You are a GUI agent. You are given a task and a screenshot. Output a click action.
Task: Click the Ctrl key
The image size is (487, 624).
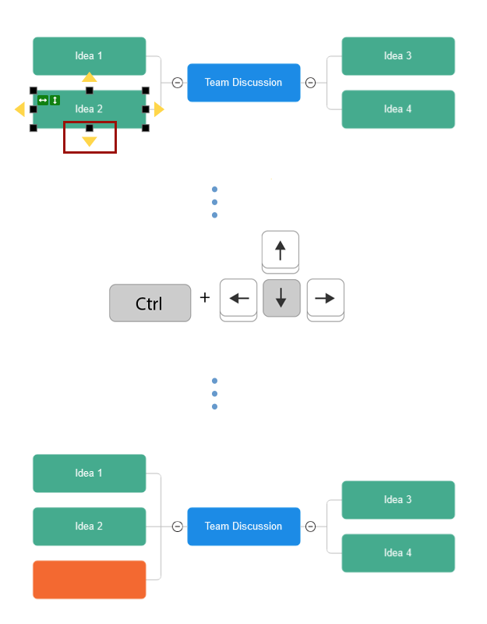tap(150, 303)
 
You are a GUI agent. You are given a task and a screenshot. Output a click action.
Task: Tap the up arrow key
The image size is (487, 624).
tap(281, 250)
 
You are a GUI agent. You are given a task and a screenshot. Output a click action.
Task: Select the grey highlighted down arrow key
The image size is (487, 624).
tap(281, 298)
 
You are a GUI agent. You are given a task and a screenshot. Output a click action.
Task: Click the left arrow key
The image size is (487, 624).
tap(238, 298)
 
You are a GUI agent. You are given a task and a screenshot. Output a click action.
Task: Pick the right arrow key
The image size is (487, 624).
tap(325, 298)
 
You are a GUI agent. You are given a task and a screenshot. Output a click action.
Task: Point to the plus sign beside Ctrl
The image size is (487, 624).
tap(205, 297)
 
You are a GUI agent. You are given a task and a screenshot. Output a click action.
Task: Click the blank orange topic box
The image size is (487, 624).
tap(89, 580)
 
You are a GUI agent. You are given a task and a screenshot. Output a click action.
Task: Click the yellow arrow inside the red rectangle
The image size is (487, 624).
tap(90, 141)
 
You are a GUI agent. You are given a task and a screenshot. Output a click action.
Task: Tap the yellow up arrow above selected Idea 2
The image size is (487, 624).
tap(90, 77)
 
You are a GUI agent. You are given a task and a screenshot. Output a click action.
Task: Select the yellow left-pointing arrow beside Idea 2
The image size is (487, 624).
tap(20, 110)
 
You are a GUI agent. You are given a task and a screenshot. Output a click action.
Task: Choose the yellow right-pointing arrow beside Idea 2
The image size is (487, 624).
tap(159, 110)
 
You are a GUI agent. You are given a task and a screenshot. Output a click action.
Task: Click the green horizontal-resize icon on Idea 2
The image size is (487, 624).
tap(43, 100)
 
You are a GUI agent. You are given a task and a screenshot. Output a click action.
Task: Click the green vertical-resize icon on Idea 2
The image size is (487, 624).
tap(55, 100)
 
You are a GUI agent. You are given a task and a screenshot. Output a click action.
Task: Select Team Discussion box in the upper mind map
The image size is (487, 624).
tap(243, 83)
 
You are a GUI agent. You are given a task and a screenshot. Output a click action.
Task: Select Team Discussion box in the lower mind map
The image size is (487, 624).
tap(243, 526)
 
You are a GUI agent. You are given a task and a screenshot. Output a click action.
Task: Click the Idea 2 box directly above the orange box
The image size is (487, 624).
tap(89, 526)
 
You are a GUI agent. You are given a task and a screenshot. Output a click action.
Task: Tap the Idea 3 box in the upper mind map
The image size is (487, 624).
tap(397, 56)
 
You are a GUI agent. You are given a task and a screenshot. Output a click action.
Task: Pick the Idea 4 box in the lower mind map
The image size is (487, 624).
tap(397, 553)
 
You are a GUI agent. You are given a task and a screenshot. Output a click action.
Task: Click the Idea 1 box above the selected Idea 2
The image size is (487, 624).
tap(89, 56)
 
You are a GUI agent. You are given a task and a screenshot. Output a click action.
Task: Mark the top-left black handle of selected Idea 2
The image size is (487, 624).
tap(34, 90)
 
